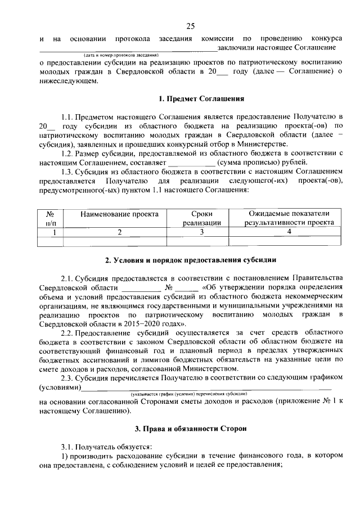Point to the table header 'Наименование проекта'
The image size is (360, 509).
coord(119,214)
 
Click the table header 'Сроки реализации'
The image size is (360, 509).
coord(201,218)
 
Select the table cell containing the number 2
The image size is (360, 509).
coord(119,232)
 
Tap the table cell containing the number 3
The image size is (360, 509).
coord(201,232)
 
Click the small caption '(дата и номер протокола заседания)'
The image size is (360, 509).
coord(120,55)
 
